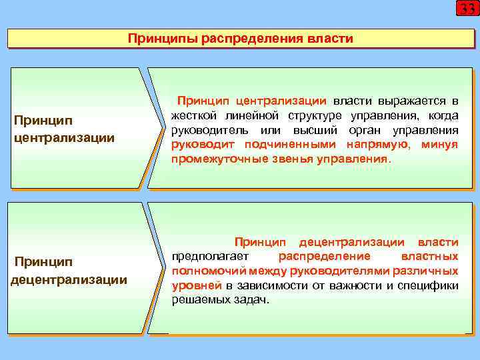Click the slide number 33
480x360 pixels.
tap(466, 9)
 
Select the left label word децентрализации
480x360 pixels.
tap(69, 279)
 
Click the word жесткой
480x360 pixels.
tap(192, 116)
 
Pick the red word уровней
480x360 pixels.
tap(193, 286)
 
